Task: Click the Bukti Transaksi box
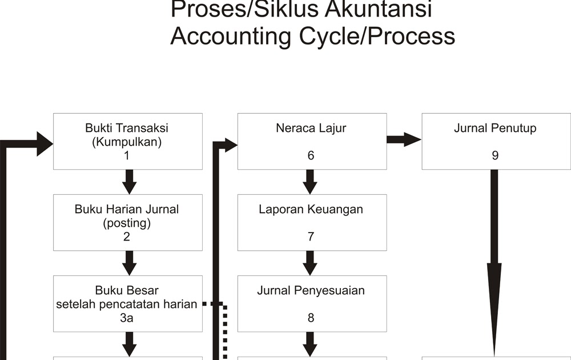pos(127,141)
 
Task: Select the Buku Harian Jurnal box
pos(127,222)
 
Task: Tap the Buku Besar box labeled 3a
pos(127,303)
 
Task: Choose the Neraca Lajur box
pos(311,141)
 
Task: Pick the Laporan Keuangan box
pos(311,222)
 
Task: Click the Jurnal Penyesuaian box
pos(311,303)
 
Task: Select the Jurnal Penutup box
pos(495,141)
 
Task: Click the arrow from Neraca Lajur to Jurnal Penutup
pos(404,139)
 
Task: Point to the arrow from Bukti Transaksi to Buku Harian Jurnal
pos(130,182)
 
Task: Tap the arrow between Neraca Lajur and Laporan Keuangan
pos(310,182)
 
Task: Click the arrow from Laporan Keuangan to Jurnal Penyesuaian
pos(310,263)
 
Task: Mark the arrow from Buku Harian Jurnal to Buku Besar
pos(130,263)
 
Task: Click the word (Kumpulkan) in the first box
pos(127,142)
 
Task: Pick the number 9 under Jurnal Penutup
pos(495,155)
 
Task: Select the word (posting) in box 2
pos(127,223)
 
